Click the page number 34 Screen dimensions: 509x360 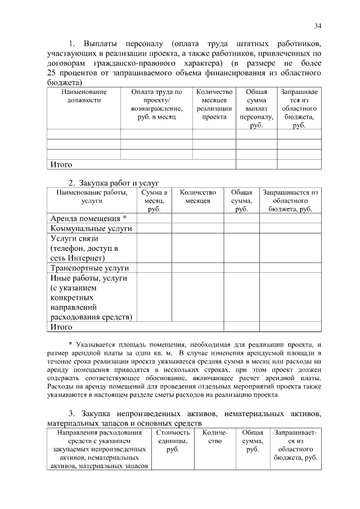click(x=318, y=26)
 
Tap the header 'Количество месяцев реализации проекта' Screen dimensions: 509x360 click(x=214, y=104)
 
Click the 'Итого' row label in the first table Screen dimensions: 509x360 click(x=61, y=165)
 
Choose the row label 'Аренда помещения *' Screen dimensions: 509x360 click(x=88, y=218)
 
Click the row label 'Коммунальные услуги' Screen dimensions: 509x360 click(x=91, y=229)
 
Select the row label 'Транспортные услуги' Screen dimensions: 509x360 click(x=90, y=268)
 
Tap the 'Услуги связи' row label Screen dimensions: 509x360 click(x=78, y=248)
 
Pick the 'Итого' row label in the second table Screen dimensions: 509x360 click(x=61, y=327)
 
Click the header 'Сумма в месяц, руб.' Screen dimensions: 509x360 click(x=154, y=200)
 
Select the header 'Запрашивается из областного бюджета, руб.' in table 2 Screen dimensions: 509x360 click(x=290, y=200)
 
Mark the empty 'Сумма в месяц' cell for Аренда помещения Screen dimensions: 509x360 click(x=154, y=218)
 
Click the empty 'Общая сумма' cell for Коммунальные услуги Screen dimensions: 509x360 click(x=241, y=229)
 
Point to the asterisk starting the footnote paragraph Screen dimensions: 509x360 click(x=70, y=344)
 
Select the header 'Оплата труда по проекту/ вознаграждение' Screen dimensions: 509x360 click(x=156, y=104)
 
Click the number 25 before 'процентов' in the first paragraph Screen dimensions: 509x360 click(x=52, y=73)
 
